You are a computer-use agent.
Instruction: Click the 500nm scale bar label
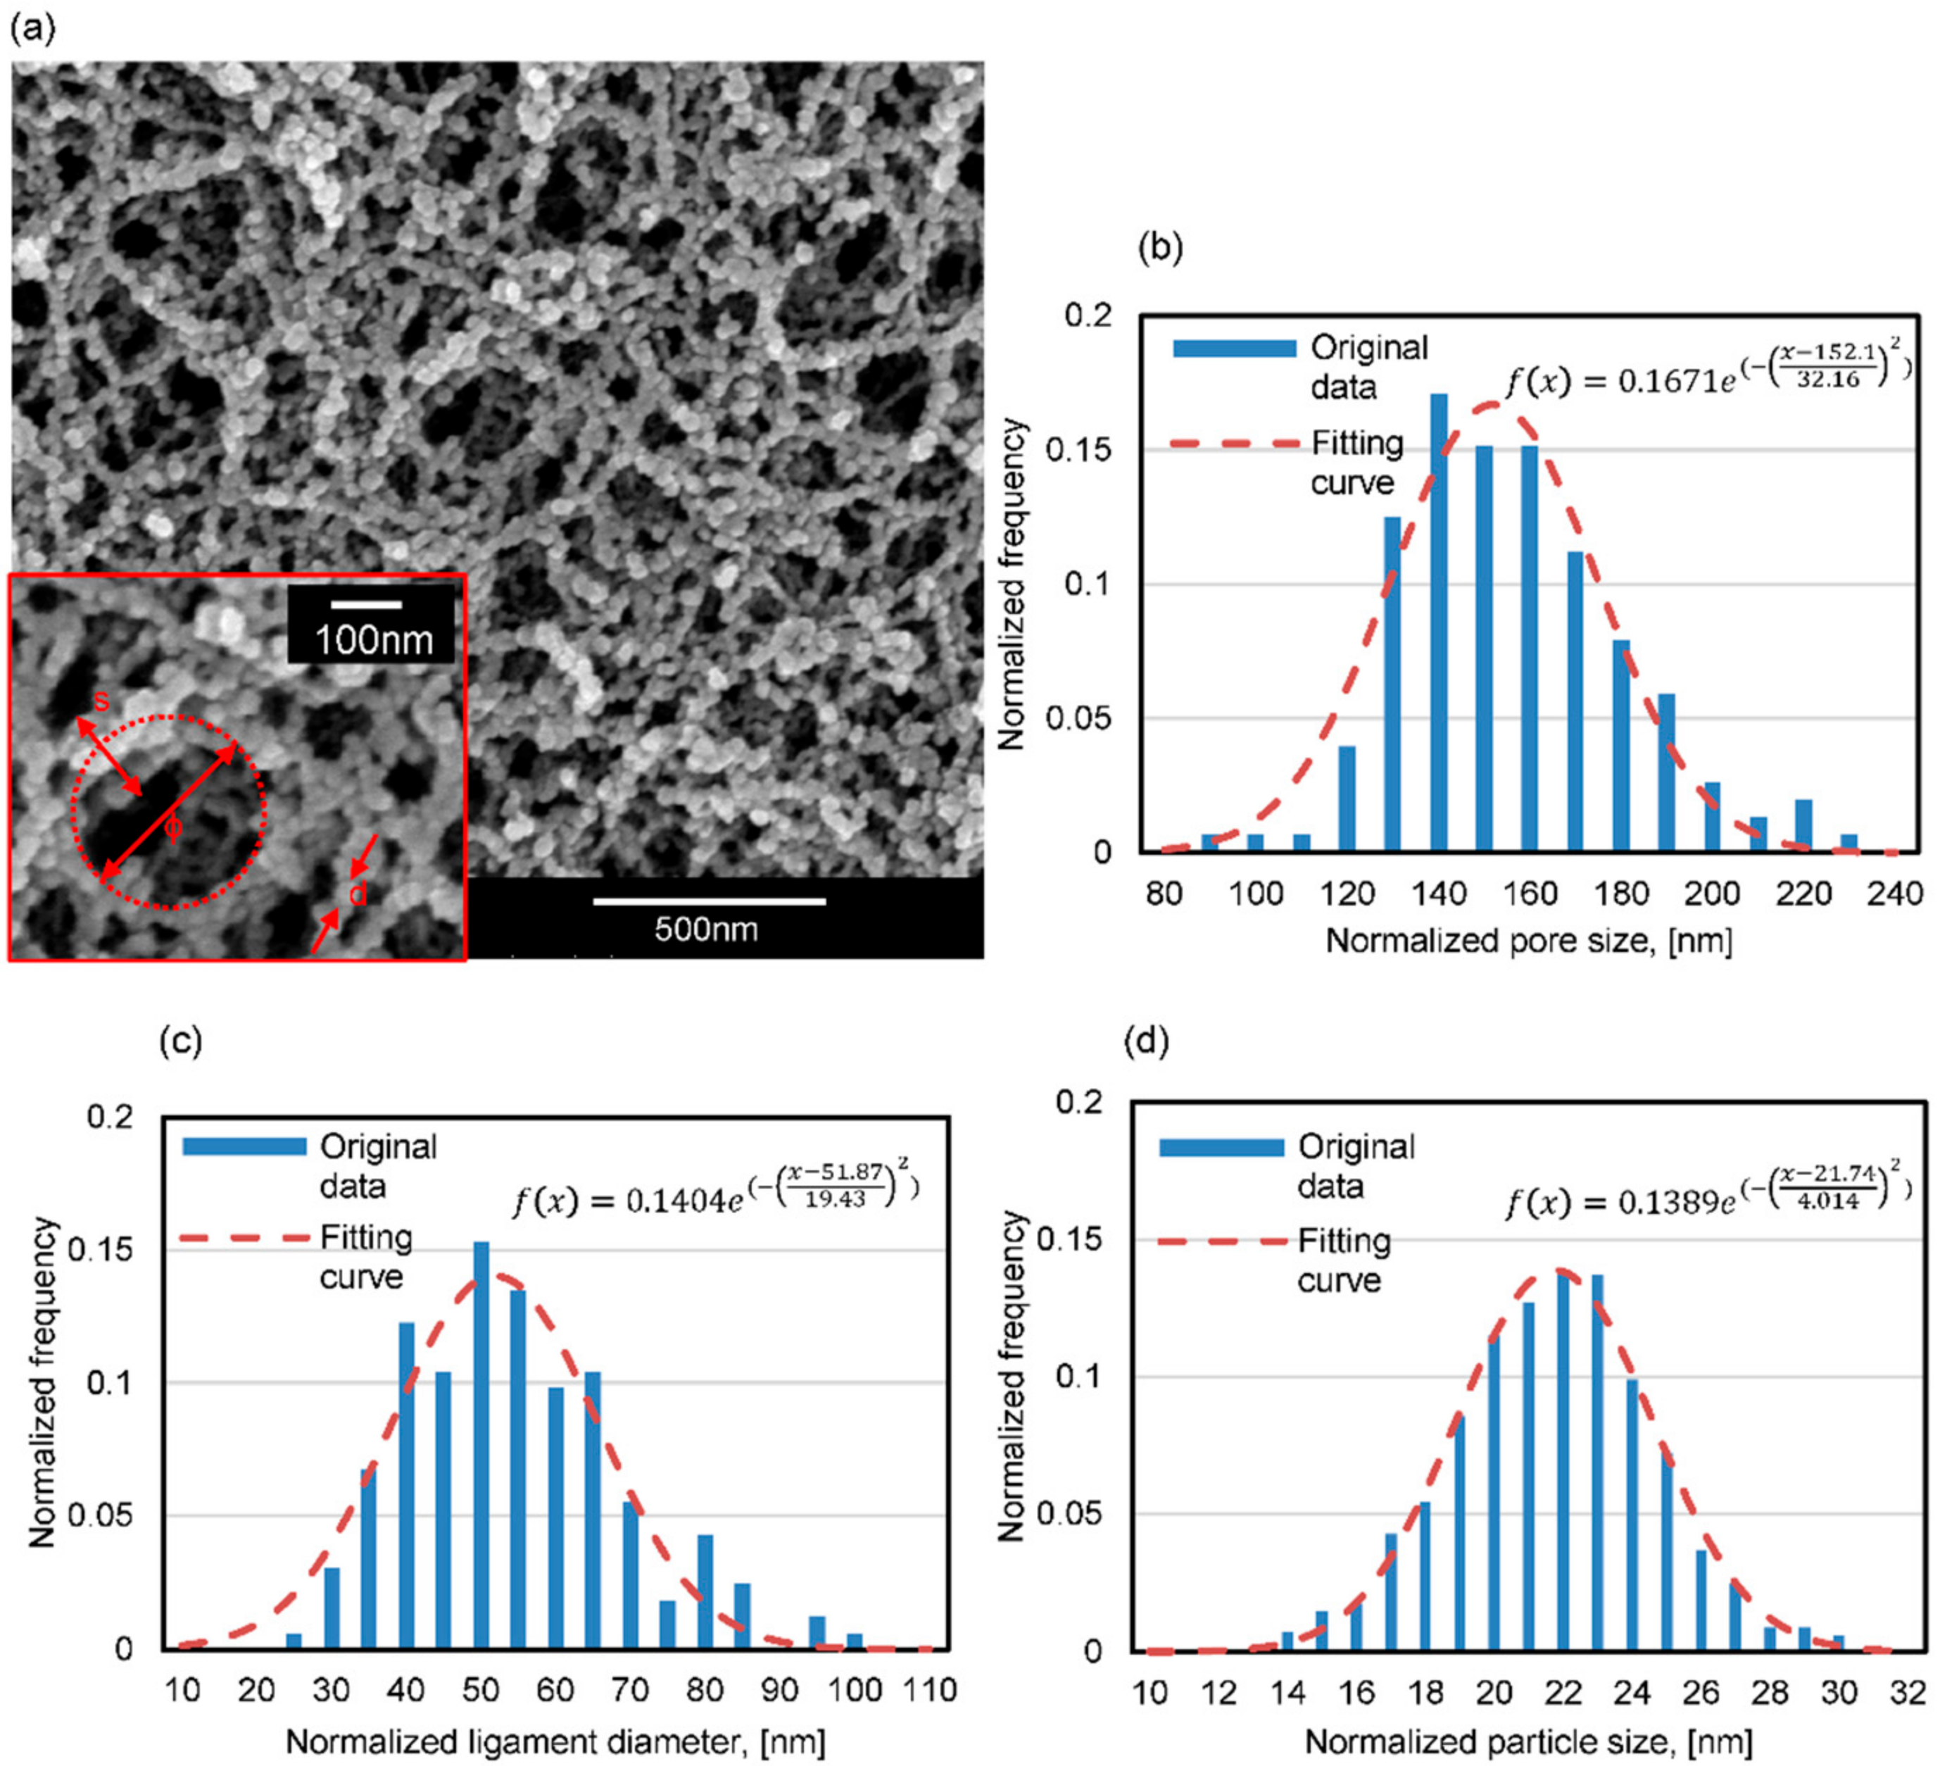[x=706, y=929]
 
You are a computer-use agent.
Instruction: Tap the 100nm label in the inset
[x=373, y=639]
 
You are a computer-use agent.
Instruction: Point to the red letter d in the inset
[x=357, y=894]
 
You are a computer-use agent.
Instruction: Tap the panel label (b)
[x=1159, y=249]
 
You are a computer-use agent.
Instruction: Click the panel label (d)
[x=1147, y=1041]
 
